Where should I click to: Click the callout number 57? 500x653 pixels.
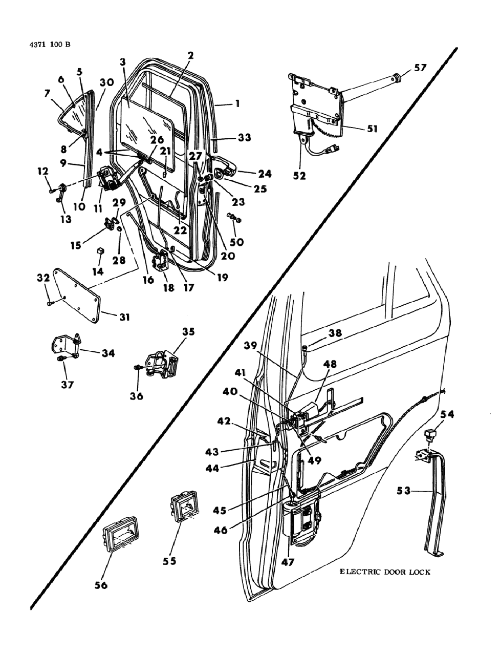[420, 67]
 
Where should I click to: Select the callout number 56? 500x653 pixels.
[101, 584]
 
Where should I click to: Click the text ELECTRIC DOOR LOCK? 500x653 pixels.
[385, 572]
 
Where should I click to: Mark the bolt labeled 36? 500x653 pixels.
[139, 368]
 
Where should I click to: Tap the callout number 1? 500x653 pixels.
[237, 103]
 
